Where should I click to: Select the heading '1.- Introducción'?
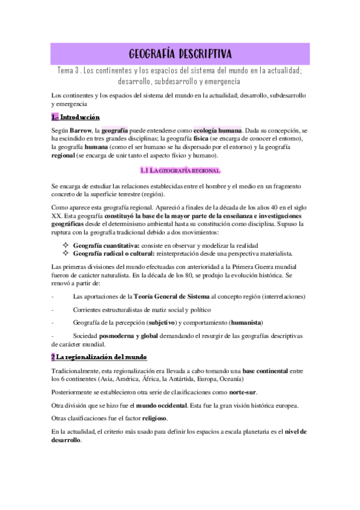(76, 117)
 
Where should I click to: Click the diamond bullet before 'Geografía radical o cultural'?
(66, 253)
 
